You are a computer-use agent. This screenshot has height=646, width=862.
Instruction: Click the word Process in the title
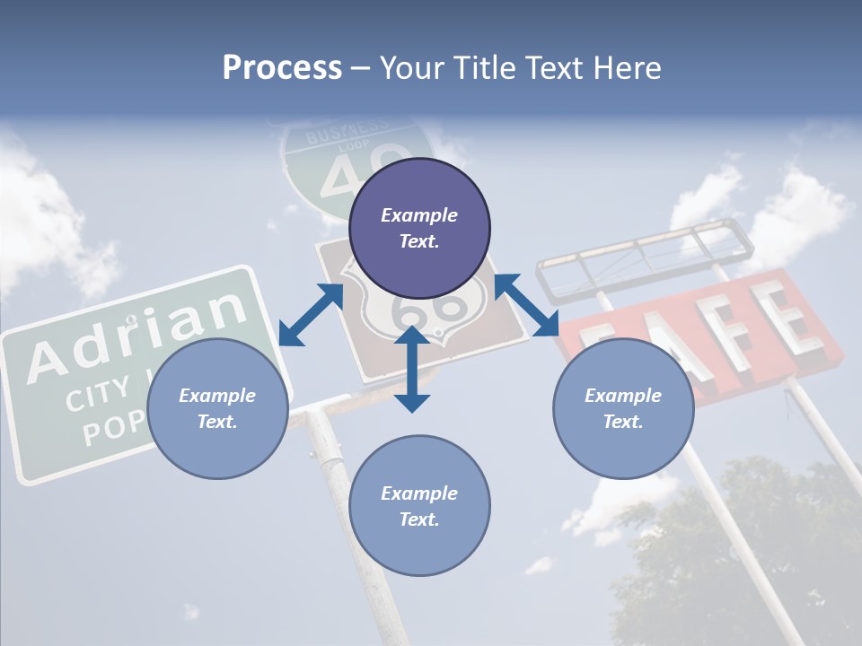[282, 68]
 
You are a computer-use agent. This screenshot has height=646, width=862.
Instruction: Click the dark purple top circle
[419, 229]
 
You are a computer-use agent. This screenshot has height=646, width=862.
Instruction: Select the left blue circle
[217, 409]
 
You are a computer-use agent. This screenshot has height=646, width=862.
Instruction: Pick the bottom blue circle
[419, 506]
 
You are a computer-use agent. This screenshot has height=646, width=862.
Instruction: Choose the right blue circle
[623, 409]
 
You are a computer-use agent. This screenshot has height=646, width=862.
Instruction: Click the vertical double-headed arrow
[412, 369]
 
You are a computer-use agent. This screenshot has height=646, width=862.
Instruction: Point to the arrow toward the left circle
[311, 315]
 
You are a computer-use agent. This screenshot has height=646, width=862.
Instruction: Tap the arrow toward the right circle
[527, 304]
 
